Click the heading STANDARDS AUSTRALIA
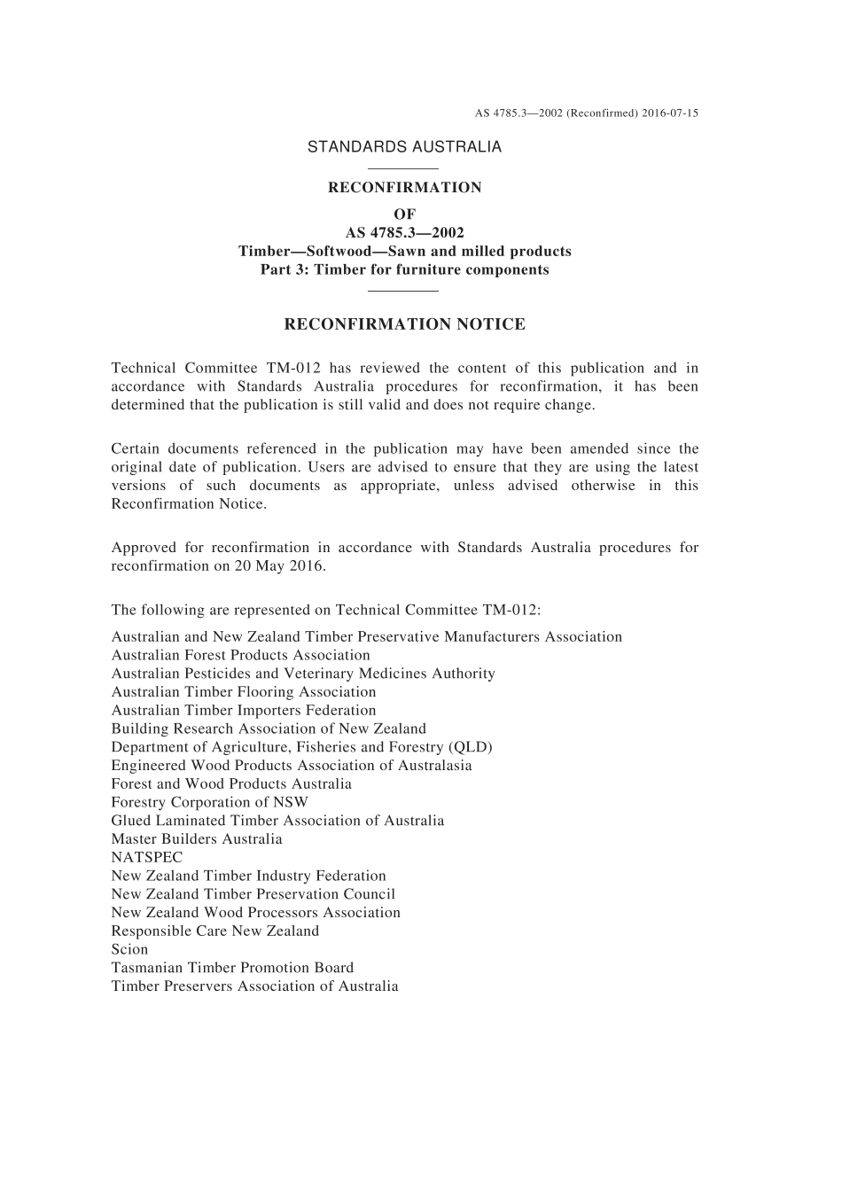coord(404,147)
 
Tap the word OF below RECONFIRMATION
coord(404,214)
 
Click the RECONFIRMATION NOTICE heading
coord(404,324)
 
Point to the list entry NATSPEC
coord(147,857)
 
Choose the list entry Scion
coord(129,949)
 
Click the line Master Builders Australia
coord(197,838)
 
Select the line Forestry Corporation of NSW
coord(210,802)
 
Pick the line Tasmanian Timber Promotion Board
coord(232,968)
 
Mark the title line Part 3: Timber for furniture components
coord(404,269)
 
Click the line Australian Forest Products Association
coord(241,655)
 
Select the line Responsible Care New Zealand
coord(215,931)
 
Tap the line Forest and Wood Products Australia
coord(231,783)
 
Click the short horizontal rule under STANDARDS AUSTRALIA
coord(403,168)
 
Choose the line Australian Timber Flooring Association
coord(244,691)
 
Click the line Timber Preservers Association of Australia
coord(255,986)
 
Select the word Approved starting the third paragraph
coord(143,548)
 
